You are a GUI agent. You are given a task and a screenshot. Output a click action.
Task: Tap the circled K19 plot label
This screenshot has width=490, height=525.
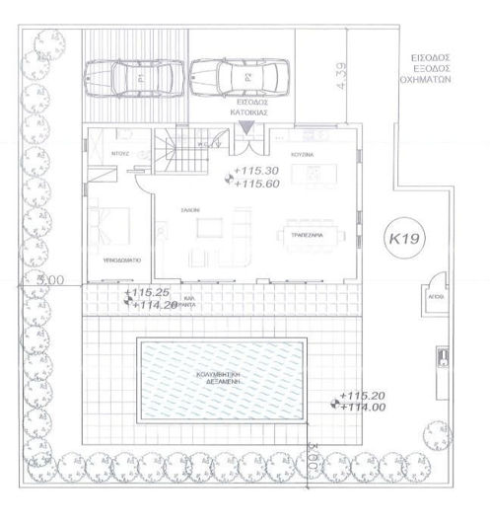point(399,239)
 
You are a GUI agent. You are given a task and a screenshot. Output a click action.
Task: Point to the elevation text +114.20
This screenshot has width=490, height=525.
point(148,305)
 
